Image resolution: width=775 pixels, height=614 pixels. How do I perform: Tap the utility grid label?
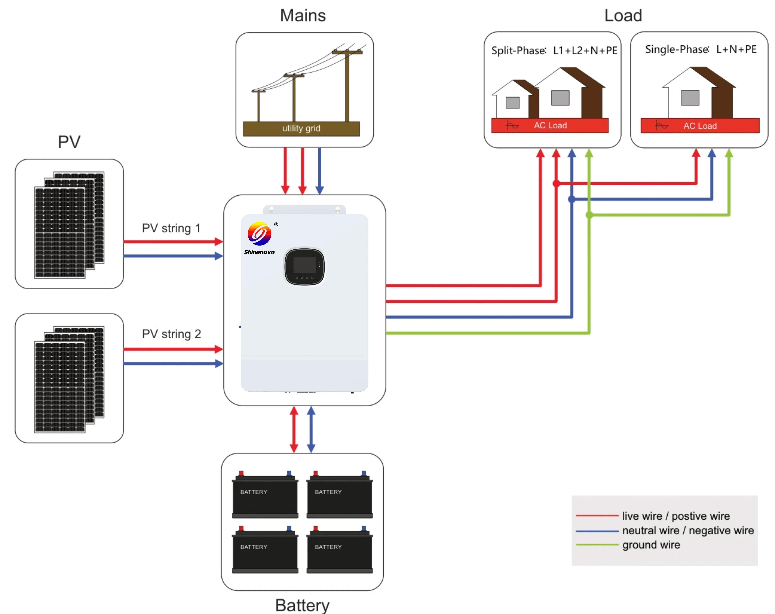coord(301,128)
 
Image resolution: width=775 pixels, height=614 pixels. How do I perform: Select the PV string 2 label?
coord(171,334)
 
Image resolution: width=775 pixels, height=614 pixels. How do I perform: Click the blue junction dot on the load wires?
coord(571,199)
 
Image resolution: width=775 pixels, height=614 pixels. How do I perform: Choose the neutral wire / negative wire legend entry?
coord(688,531)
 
